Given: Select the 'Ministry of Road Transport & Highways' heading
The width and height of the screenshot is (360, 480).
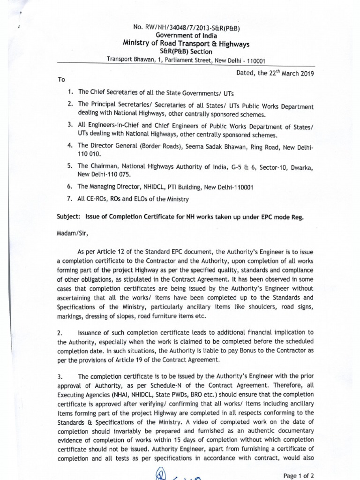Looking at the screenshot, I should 186,44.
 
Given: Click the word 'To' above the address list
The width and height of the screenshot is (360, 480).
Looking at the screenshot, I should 61,80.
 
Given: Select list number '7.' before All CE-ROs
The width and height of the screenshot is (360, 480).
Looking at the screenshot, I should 70,199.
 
